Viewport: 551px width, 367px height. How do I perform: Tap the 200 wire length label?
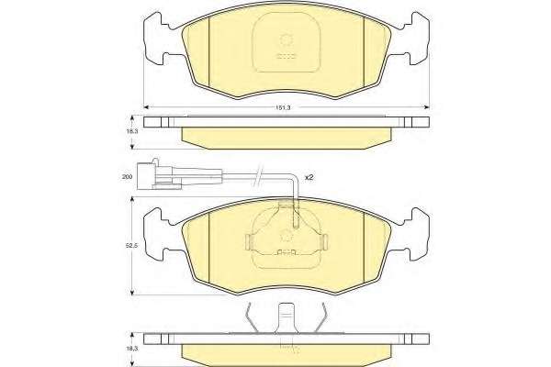(x=127, y=176)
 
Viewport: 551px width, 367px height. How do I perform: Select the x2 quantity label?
(x=309, y=177)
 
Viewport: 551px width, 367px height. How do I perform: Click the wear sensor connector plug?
(x=159, y=174)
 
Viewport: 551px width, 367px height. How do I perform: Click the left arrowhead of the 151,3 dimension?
(x=147, y=106)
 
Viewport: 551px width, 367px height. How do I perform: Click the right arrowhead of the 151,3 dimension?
(x=426, y=106)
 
